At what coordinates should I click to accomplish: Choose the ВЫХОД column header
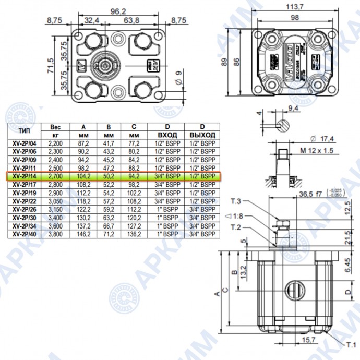tap(202, 134)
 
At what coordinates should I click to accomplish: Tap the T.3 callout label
tap(235, 201)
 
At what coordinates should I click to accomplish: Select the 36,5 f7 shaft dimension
tap(312, 195)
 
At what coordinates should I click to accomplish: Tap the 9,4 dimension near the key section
tap(293, 108)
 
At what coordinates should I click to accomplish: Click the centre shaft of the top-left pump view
tap(106, 65)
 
